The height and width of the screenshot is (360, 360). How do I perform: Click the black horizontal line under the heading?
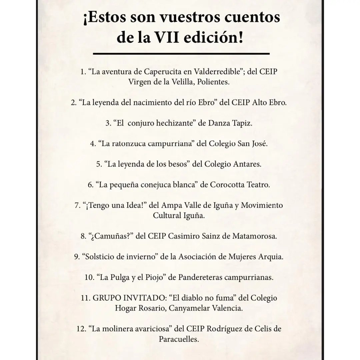[x=181, y=53]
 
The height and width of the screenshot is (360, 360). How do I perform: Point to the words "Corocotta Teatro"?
[x=240, y=185]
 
